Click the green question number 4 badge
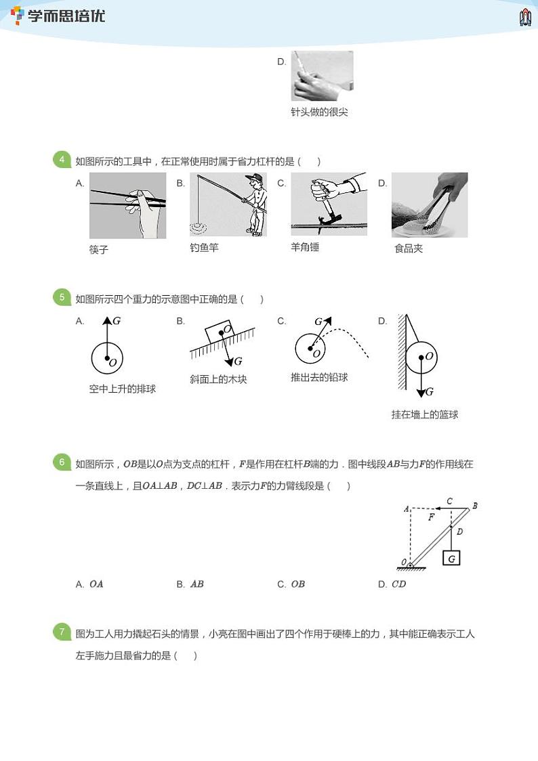[62, 160]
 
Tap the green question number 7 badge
[62, 632]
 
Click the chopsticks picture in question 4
[127, 206]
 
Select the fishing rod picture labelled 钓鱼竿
[228, 205]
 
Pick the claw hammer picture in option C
[329, 204]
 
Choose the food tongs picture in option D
[430, 205]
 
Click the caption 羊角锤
[305, 247]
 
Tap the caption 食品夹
[409, 248]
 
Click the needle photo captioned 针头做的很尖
[322, 76]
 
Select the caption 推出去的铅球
[319, 377]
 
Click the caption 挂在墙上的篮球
[425, 414]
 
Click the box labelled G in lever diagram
[451, 558]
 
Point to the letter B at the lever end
[475, 506]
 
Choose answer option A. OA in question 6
[89, 584]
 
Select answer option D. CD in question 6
[392, 584]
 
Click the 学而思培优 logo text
[66, 16]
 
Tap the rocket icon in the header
[525, 17]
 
